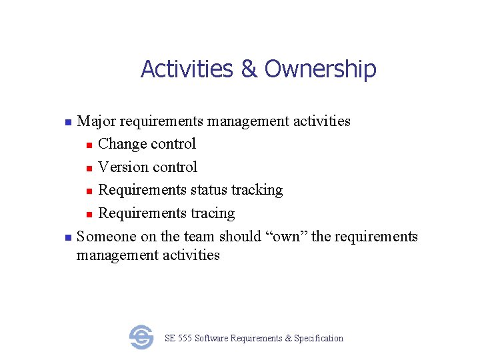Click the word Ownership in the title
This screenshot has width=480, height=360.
coord(321,69)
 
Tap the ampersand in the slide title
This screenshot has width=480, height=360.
coord(249,69)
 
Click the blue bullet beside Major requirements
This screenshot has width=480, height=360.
coord(67,123)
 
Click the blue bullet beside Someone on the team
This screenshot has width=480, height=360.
coord(67,238)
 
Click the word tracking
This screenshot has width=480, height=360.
coord(259,190)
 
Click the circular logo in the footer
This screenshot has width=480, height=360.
coord(141,337)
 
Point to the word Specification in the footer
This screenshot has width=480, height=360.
coord(319,339)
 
